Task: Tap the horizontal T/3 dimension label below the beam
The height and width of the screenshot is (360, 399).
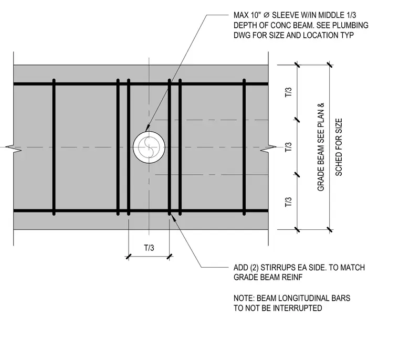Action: click(x=149, y=248)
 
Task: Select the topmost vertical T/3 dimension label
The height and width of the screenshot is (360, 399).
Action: click(x=288, y=92)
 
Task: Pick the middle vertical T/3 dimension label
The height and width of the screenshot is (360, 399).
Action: click(x=288, y=147)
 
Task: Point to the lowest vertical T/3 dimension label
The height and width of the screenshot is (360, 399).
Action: click(x=288, y=202)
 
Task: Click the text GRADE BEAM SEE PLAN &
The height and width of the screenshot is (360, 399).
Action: click(x=321, y=147)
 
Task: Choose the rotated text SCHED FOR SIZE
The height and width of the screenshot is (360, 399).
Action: click(x=339, y=147)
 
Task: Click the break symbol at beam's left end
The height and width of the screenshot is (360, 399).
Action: click(x=14, y=147)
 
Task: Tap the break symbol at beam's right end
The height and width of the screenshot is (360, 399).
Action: click(x=268, y=147)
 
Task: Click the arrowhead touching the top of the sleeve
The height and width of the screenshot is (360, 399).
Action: click(x=148, y=129)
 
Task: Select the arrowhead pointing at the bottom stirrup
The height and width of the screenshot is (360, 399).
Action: click(x=173, y=218)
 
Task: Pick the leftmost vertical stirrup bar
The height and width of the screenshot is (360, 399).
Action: click(x=54, y=147)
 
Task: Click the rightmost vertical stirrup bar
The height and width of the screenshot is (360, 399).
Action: click(x=244, y=147)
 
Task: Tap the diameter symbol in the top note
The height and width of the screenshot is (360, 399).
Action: click(x=266, y=15)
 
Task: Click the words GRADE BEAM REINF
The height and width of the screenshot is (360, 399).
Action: click(x=268, y=277)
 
